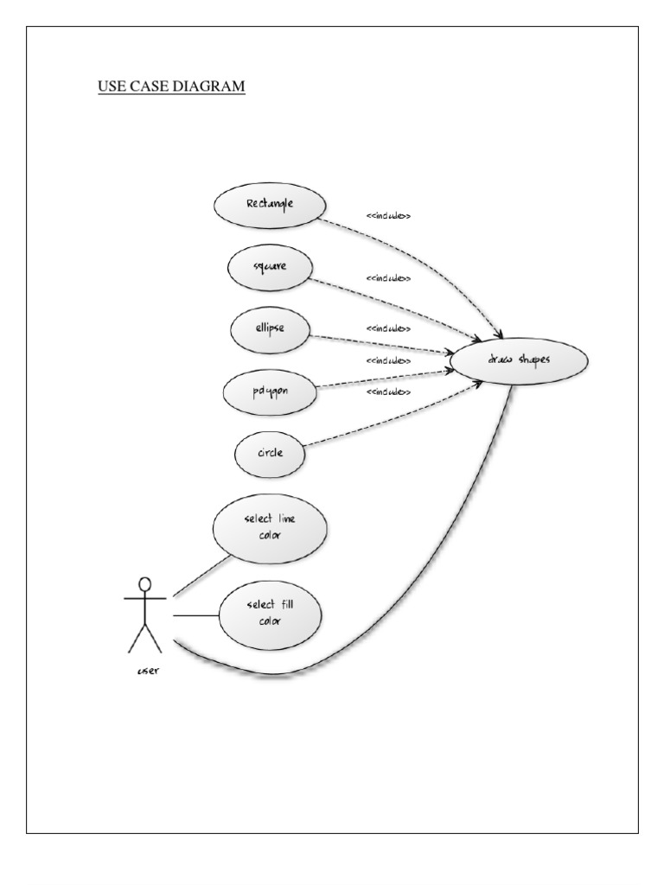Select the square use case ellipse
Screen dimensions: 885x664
[x=269, y=267]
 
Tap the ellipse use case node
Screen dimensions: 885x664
[x=270, y=329]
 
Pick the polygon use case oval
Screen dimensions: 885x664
[x=270, y=391]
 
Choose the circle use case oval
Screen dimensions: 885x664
[x=270, y=451]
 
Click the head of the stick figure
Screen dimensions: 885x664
[x=145, y=583]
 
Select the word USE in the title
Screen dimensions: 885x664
[x=111, y=86]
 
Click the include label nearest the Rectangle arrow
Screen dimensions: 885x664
[x=388, y=216]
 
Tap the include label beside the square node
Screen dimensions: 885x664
[x=388, y=279]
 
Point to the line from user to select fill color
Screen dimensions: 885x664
[x=196, y=615]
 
